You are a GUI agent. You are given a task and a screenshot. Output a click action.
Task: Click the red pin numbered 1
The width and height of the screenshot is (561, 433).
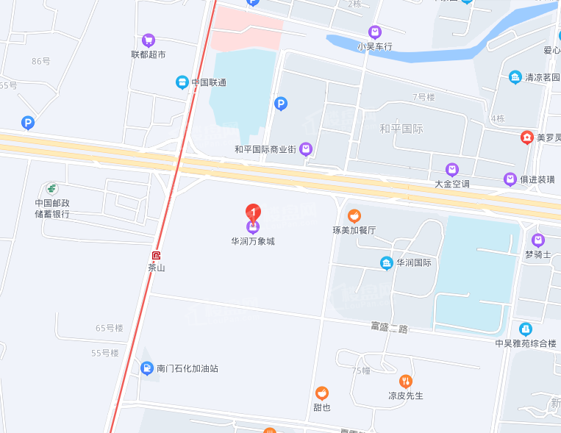click(x=253, y=212)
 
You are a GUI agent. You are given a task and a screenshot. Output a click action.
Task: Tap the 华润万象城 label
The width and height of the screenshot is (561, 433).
click(x=253, y=241)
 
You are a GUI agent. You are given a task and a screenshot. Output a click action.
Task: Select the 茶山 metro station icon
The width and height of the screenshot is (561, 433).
click(x=156, y=256)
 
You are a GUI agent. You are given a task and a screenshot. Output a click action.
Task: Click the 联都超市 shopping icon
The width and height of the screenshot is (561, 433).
click(x=149, y=40)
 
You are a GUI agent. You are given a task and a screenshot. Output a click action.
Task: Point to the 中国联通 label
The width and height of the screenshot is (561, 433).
click(x=209, y=82)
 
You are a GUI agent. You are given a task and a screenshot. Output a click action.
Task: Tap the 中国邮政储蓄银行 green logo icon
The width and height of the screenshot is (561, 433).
click(x=52, y=189)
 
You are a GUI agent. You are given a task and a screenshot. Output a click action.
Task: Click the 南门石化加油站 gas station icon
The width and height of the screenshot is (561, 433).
click(x=147, y=368)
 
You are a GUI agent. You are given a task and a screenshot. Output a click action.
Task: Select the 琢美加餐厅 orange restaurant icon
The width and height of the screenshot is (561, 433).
click(x=354, y=215)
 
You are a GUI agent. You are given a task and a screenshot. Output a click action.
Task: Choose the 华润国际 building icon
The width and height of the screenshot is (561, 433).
click(x=386, y=262)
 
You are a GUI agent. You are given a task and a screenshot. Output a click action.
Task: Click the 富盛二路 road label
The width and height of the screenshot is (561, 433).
click(x=389, y=328)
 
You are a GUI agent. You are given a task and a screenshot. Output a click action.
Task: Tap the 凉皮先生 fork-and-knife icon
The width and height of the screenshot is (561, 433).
click(x=406, y=381)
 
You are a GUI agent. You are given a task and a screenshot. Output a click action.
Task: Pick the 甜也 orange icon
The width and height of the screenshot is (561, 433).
click(x=322, y=393)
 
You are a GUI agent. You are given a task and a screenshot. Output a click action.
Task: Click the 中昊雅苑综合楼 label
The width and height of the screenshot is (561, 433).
click(x=526, y=343)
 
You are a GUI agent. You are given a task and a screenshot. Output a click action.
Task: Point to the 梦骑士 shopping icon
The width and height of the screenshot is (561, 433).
click(x=538, y=240)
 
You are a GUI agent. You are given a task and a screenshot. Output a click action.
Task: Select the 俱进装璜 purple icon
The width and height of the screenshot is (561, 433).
click(x=510, y=179)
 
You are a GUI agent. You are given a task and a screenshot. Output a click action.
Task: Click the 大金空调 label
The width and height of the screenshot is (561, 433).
click(x=452, y=184)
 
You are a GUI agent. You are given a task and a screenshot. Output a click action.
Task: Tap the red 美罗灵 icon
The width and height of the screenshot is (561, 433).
click(x=526, y=137)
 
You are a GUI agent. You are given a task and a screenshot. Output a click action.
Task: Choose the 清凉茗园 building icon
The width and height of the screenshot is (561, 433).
click(x=515, y=77)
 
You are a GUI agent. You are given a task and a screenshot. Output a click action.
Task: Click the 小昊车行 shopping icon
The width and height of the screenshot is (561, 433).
click(x=375, y=32)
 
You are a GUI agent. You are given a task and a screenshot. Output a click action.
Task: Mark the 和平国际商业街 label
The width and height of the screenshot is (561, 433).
click(x=265, y=149)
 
